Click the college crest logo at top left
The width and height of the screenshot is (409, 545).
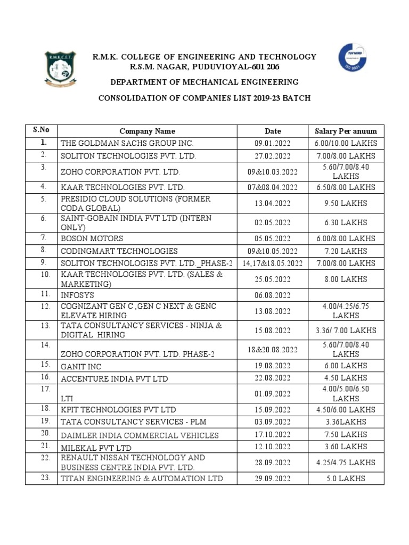[59, 69]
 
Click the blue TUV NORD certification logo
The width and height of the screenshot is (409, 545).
[353, 58]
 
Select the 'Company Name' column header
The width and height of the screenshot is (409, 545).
[147, 131]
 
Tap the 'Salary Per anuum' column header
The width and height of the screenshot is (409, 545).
[346, 131]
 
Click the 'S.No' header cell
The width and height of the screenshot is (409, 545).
[41, 130]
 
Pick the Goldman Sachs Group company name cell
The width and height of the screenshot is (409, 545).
[127, 143]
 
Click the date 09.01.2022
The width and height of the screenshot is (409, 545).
[273, 143]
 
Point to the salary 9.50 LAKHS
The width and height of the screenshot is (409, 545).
[346, 203]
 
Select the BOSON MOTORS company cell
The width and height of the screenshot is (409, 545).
[92, 238]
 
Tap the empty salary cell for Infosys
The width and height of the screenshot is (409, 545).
[346, 295]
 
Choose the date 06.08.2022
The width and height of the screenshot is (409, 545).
[273, 295]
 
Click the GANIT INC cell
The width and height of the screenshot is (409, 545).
[81, 367]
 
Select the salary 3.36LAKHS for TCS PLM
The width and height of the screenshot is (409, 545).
[346, 422]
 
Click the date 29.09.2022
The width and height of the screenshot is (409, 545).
[273, 478]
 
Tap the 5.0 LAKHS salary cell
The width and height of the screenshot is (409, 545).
[346, 478]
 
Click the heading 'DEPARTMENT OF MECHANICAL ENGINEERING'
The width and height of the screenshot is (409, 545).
[204, 82]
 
